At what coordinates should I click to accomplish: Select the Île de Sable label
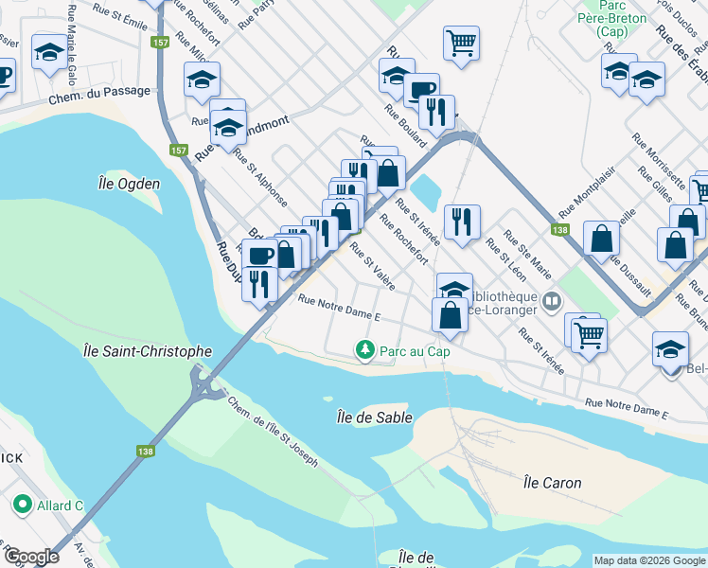click(x=370, y=416)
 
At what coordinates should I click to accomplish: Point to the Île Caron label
click(x=552, y=483)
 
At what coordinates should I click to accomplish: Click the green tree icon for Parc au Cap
click(x=364, y=351)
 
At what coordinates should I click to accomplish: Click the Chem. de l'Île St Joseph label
click(x=272, y=432)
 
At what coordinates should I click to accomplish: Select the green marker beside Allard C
click(x=21, y=506)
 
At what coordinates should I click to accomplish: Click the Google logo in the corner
click(x=31, y=557)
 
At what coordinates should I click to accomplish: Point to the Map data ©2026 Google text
click(x=648, y=560)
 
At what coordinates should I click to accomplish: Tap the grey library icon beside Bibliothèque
click(x=551, y=301)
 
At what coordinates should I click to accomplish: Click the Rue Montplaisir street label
click(x=578, y=200)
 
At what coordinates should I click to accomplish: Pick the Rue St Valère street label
click(x=372, y=267)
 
